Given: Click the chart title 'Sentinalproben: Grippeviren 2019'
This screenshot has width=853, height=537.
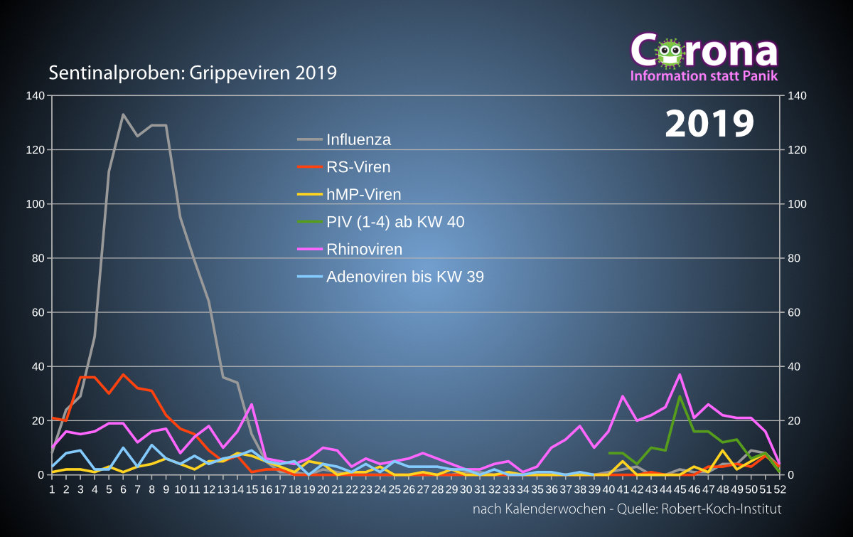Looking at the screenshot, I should (x=193, y=73).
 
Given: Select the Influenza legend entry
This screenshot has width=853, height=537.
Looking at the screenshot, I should (x=358, y=139).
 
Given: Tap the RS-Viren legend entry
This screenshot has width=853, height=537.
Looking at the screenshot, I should (x=358, y=167).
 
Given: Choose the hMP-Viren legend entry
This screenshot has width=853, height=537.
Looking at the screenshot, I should (x=363, y=194).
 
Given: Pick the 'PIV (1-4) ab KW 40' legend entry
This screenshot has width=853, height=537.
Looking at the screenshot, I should (x=395, y=222).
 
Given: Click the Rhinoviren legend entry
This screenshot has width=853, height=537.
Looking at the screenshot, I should (x=364, y=249).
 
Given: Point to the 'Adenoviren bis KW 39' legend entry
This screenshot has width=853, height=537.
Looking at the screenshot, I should (x=404, y=277).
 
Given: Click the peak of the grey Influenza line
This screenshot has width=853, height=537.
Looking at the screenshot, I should (x=123, y=115).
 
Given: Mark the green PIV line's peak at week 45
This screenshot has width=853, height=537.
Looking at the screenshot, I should (x=680, y=396).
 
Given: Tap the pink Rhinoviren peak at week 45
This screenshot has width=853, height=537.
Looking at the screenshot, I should (x=680, y=374).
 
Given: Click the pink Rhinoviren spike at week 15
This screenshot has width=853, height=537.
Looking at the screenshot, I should (x=252, y=404).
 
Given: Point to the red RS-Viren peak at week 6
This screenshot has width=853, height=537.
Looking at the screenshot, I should (x=123, y=374).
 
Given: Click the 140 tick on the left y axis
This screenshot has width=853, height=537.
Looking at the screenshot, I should (x=35, y=95).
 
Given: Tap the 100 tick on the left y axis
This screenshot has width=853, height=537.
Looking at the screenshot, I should (x=35, y=204).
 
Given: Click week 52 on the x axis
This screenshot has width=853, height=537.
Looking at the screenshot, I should (x=780, y=489).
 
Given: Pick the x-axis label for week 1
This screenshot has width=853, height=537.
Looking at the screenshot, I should (x=52, y=489).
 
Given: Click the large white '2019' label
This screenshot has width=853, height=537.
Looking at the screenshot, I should (x=709, y=124).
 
